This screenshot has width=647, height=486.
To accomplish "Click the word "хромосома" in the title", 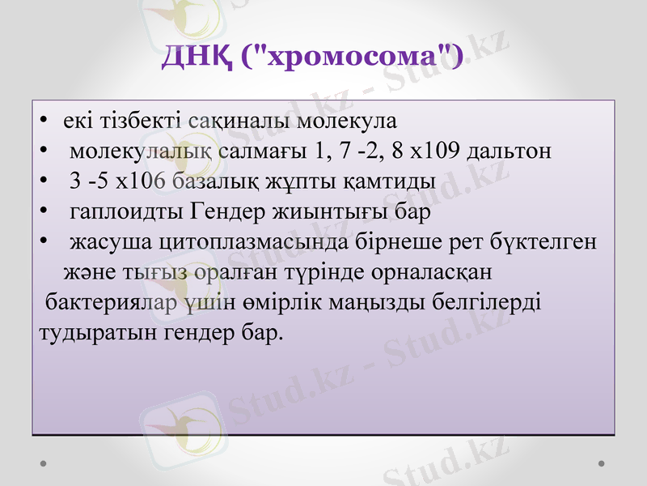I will click(x=353, y=56).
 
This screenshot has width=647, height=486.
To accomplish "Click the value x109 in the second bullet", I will click(x=438, y=151).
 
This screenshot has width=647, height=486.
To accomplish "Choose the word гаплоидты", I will click(x=127, y=212).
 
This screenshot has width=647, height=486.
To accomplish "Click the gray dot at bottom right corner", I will click(x=602, y=463).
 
